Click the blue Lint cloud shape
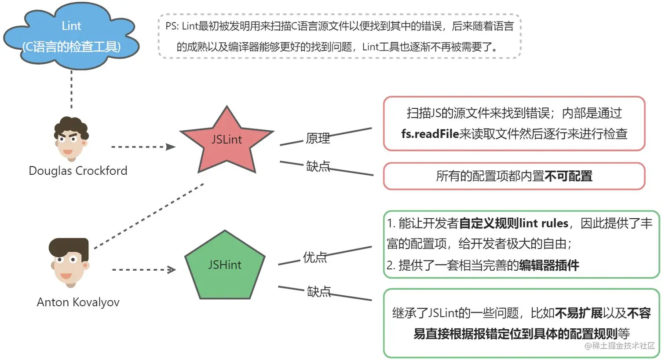(71, 37)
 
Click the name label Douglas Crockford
(78, 171)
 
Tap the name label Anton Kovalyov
(78, 302)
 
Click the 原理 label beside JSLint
(318, 138)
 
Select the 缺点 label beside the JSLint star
(318, 166)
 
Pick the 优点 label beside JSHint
(315, 257)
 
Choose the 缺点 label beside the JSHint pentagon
(318, 291)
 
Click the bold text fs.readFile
(430, 134)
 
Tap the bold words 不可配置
(568, 176)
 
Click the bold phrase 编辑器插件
(549, 265)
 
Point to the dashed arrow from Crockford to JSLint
(143, 147)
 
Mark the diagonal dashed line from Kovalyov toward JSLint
(150, 216)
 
